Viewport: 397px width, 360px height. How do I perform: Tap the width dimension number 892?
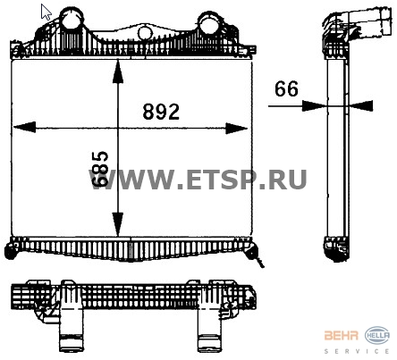click(162, 112)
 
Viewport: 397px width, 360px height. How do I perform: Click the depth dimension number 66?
click(285, 89)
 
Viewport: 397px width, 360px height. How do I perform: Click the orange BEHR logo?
click(344, 336)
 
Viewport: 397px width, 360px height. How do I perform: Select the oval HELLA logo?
click(375, 336)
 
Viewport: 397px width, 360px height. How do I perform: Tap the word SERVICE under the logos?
click(359, 350)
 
